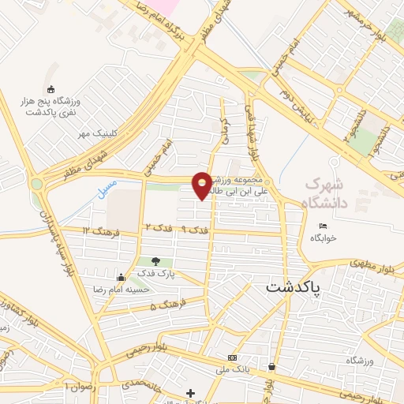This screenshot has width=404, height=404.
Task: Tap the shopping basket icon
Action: (x=272, y=366)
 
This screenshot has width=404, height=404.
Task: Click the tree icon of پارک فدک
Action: (x=155, y=261)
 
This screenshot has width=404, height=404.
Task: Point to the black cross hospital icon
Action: (x=190, y=392)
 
